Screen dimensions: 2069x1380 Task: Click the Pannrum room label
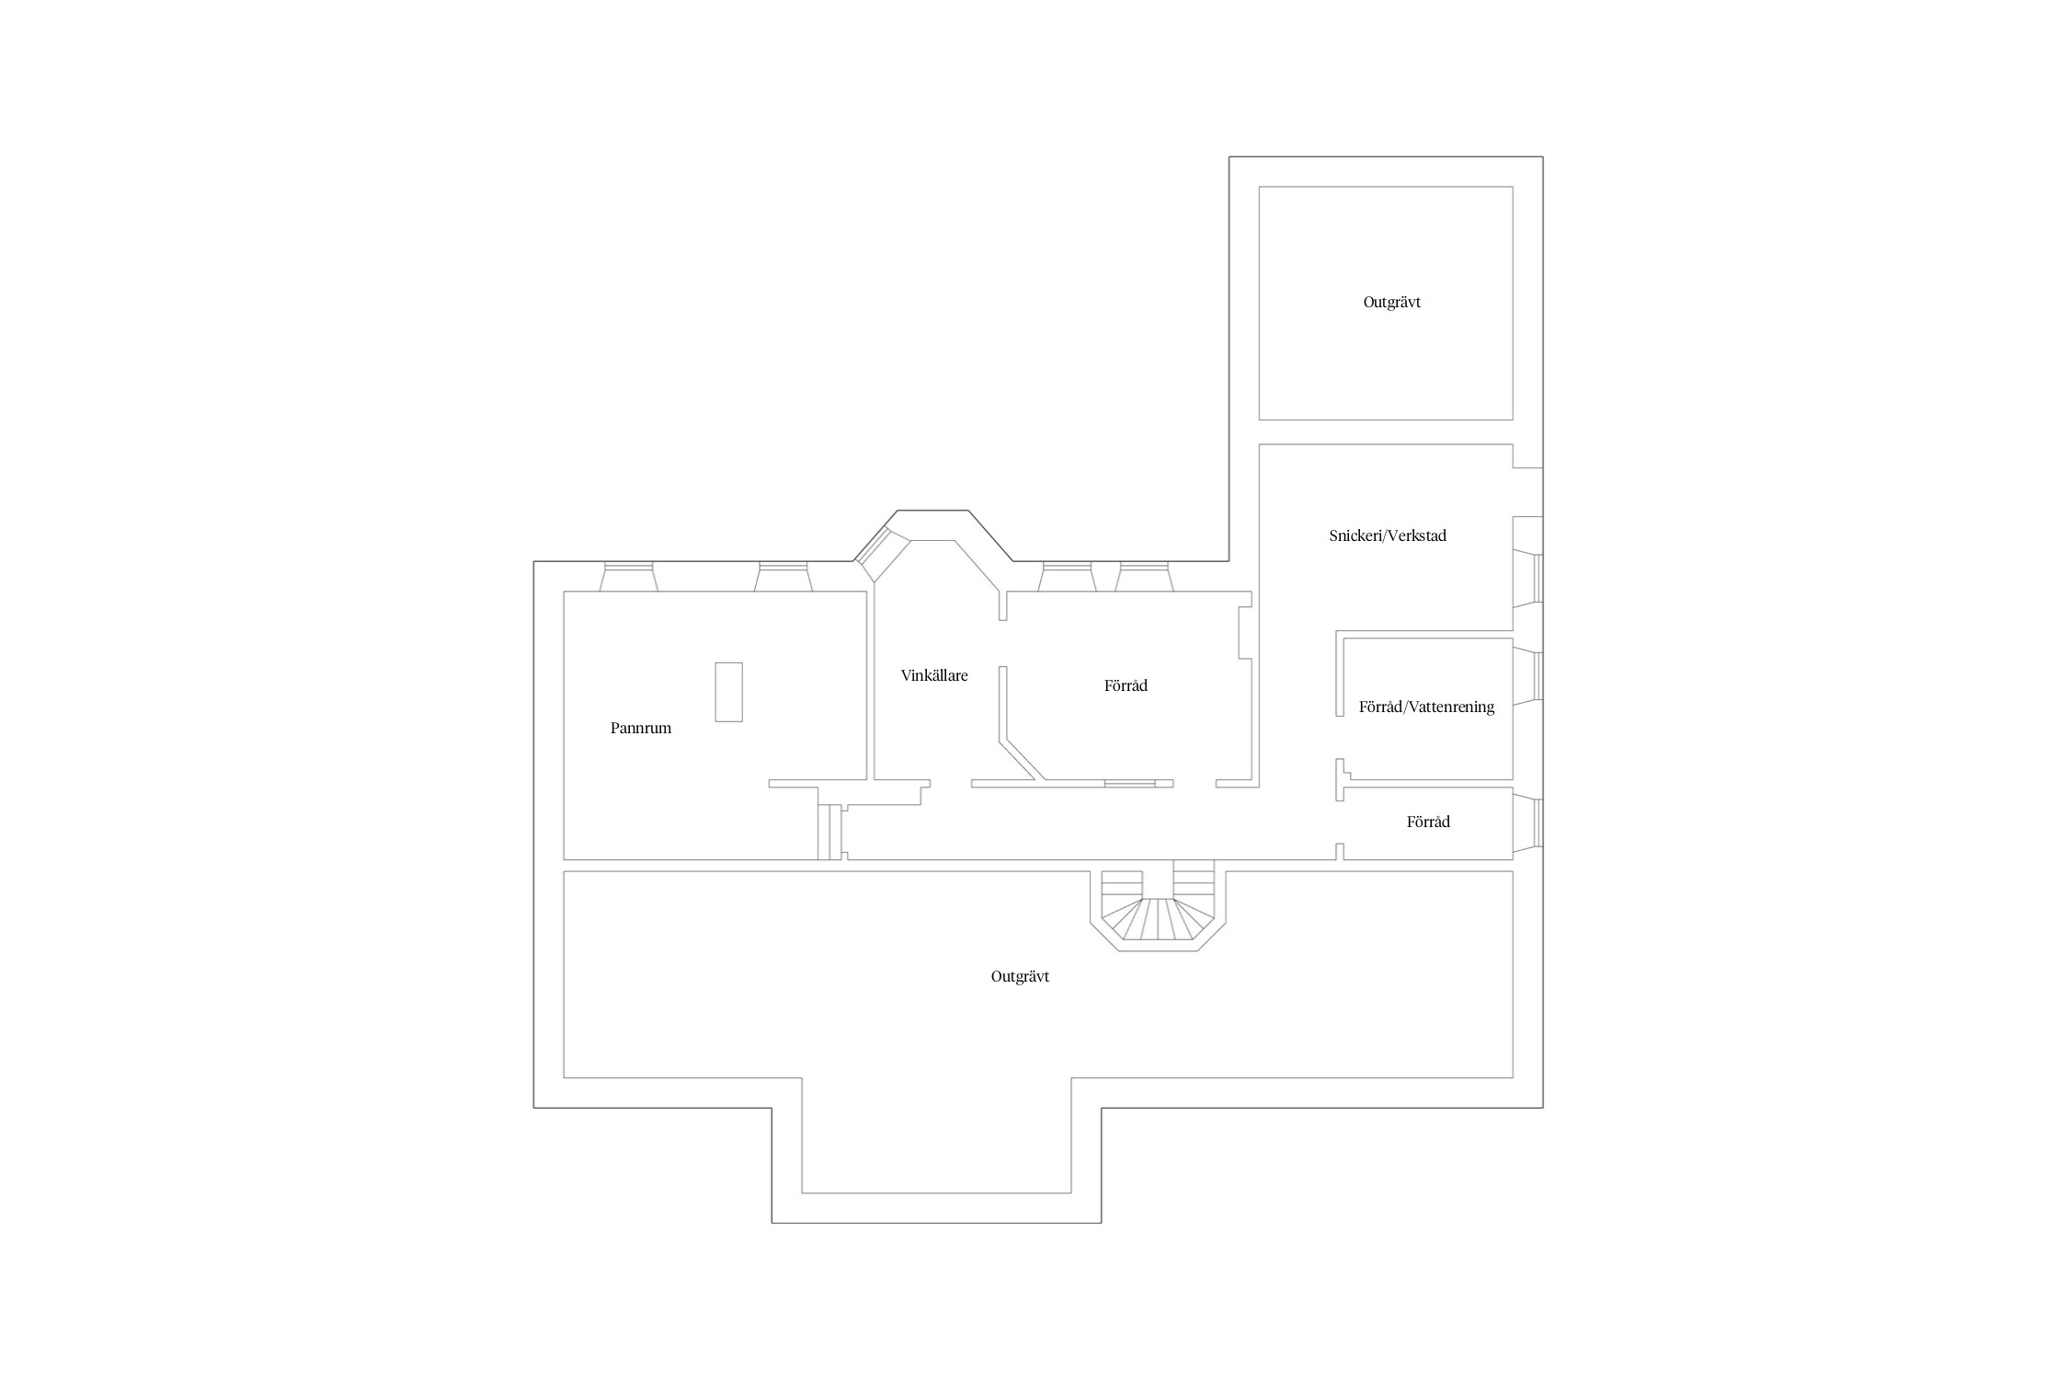click(x=641, y=728)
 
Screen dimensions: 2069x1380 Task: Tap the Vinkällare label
click(x=934, y=675)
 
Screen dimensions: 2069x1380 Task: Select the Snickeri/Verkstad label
click(x=1388, y=535)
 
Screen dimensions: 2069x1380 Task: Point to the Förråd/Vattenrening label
click(x=1426, y=707)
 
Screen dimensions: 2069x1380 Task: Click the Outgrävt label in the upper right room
click(x=1392, y=303)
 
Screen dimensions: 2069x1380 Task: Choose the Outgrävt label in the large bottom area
click(x=1020, y=977)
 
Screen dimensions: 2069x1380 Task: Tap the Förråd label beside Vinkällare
click(x=1126, y=685)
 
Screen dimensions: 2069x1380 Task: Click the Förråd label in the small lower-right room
click(x=1428, y=822)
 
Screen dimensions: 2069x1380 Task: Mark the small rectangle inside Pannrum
click(x=728, y=692)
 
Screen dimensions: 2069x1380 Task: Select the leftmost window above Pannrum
click(x=628, y=577)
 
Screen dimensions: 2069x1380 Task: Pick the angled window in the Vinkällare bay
click(x=882, y=554)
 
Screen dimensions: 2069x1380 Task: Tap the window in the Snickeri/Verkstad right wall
click(x=1527, y=580)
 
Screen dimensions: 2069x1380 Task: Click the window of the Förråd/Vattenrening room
click(x=1527, y=677)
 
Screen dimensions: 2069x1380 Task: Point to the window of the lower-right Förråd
click(x=1527, y=822)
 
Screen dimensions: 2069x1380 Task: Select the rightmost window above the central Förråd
click(x=1144, y=577)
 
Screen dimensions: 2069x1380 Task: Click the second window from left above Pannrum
click(x=783, y=577)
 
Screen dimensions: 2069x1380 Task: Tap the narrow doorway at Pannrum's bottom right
click(x=830, y=833)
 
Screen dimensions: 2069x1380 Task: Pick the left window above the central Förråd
click(x=1068, y=577)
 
